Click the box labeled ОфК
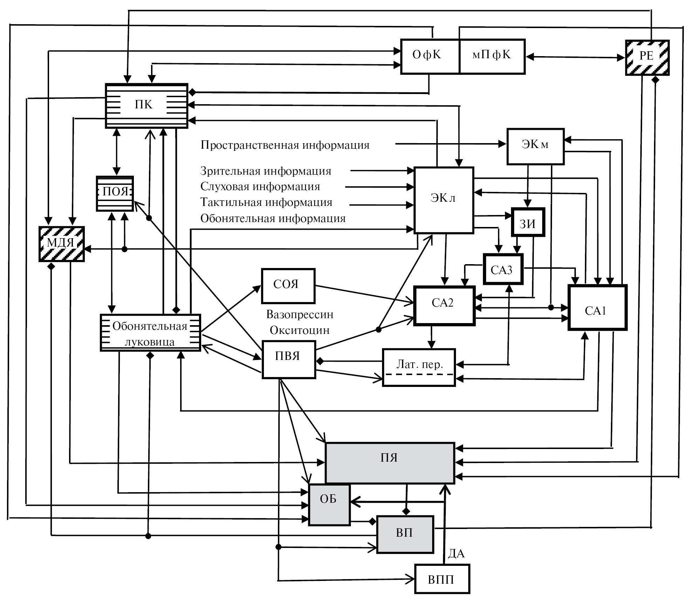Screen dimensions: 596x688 (429, 56)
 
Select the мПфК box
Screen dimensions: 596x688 (492, 56)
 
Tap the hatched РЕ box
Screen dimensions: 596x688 (647, 58)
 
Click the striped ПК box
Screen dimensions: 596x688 (147, 105)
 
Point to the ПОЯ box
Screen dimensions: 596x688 (115, 193)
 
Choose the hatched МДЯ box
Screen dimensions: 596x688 (61, 244)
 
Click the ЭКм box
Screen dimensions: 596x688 (535, 146)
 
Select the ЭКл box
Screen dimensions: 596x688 (443, 200)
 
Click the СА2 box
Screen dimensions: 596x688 (444, 305)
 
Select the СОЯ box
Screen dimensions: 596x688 (288, 286)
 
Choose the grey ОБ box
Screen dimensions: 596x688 (329, 505)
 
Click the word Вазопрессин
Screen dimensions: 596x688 (300, 314)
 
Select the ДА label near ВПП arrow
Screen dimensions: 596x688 (456, 554)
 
